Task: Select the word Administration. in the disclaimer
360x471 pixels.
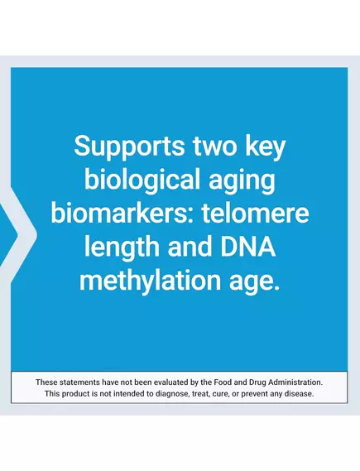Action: [x=295, y=382]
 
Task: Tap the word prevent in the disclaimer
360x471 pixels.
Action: [x=254, y=393]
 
